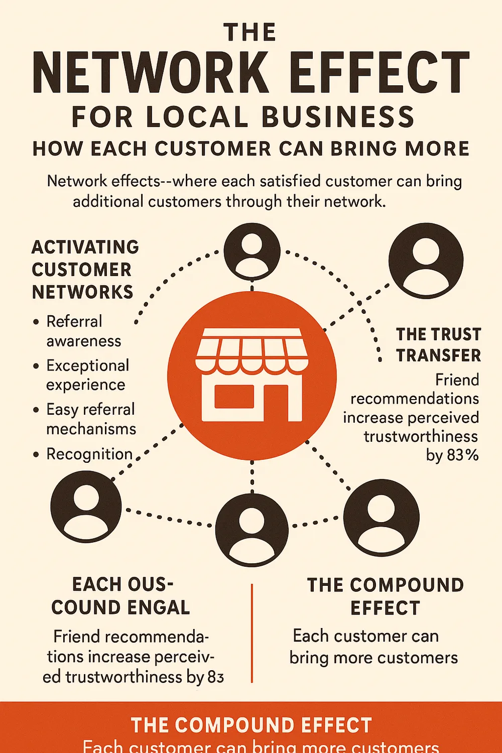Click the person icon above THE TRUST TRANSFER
coord(426,260)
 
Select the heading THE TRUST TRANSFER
coord(438,345)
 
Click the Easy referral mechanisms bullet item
coord(91,419)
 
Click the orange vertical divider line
coord(252,633)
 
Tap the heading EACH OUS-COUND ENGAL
coord(121,596)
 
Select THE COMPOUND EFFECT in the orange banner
coord(251,725)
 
